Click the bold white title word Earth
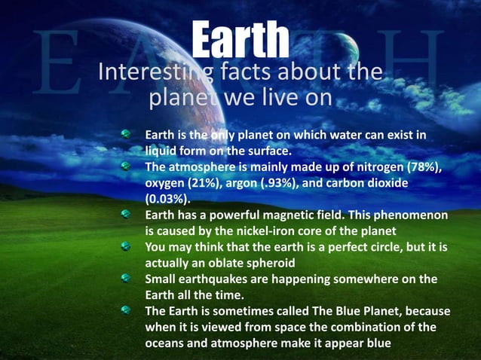tap(240, 38)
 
